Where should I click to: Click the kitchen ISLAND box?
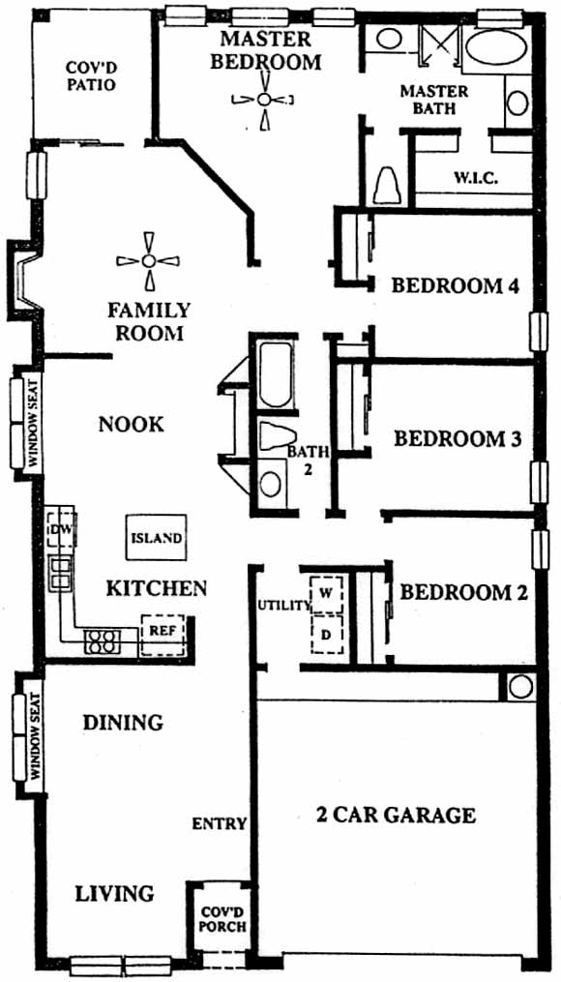tap(157, 537)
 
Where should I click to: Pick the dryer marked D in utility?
tap(326, 634)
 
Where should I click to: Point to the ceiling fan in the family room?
tap(148, 260)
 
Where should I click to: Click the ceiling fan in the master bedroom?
tap(264, 99)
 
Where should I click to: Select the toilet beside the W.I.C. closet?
tap(386, 185)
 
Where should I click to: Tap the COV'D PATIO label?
tap(92, 75)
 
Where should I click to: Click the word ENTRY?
tap(220, 823)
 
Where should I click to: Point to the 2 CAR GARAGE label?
tap(395, 816)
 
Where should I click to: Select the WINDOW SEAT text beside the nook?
tap(33, 421)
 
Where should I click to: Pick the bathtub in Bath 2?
tap(275, 373)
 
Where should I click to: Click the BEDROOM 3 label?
tap(458, 439)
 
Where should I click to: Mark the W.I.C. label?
tap(475, 178)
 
